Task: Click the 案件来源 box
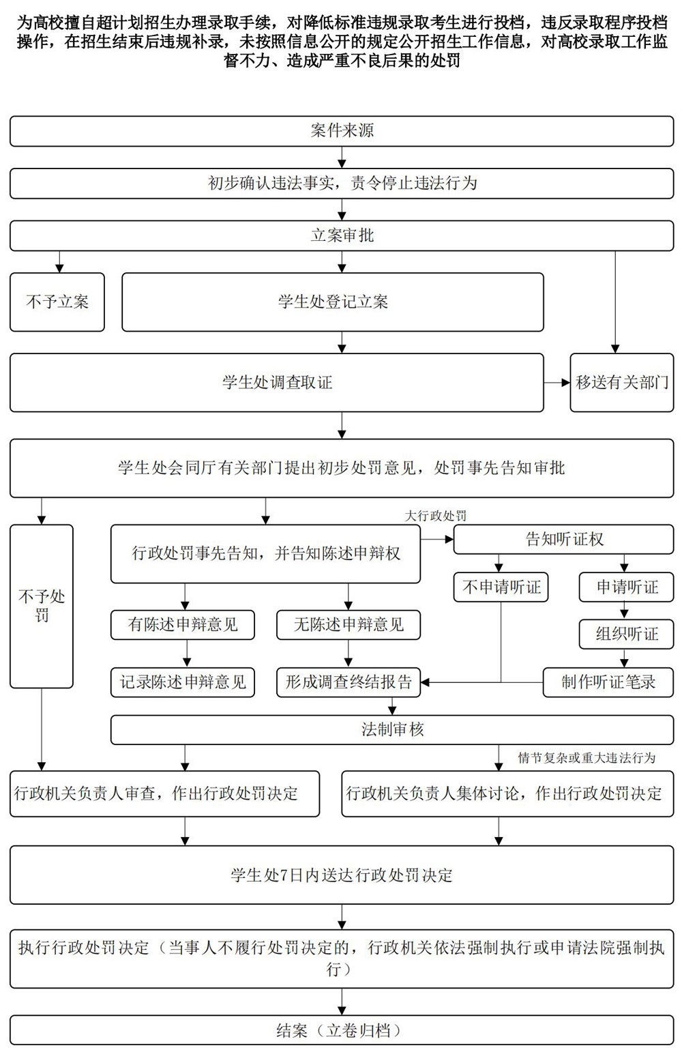pos(342,131)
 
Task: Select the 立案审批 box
pos(342,236)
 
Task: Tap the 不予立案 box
pos(57,302)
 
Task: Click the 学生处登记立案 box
pos(333,302)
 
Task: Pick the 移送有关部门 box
pos(621,383)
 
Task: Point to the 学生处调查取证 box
pos(276,383)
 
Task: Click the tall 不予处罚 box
pos(42,606)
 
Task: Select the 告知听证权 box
pos(563,540)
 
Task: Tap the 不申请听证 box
pos(501,587)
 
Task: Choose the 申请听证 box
pos(626,587)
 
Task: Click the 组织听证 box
pos(626,635)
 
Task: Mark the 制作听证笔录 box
pos(608,682)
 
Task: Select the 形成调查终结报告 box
pos(349,682)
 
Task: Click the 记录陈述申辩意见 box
pos(183,682)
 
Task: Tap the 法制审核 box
pos(392,730)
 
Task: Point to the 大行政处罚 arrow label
pos(436,516)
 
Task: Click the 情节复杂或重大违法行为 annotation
pos(587,758)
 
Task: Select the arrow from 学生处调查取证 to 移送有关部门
pos(557,383)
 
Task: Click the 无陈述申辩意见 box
pos(349,625)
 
